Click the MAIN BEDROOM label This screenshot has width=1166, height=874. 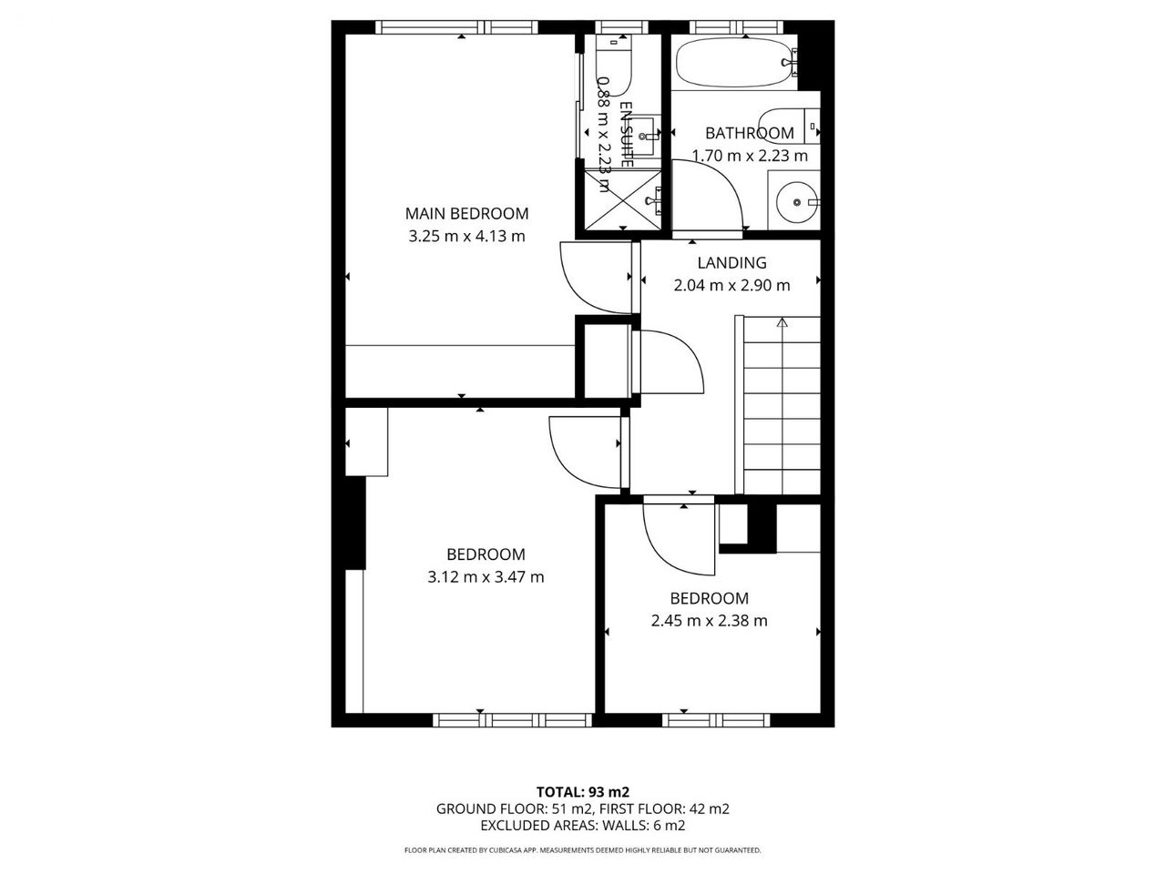(x=466, y=213)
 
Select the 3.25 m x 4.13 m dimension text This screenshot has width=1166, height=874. (x=466, y=236)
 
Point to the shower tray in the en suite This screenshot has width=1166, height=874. (x=623, y=200)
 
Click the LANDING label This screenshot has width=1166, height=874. (x=731, y=263)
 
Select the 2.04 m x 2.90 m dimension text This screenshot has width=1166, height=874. (x=731, y=286)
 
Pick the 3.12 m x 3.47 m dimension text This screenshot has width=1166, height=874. (x=486, y=577)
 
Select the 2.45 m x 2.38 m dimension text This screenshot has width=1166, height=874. (x=709, y=620)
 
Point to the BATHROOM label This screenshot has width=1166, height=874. (x=750, y=133)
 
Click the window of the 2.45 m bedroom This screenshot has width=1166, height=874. (x=715, y=719)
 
